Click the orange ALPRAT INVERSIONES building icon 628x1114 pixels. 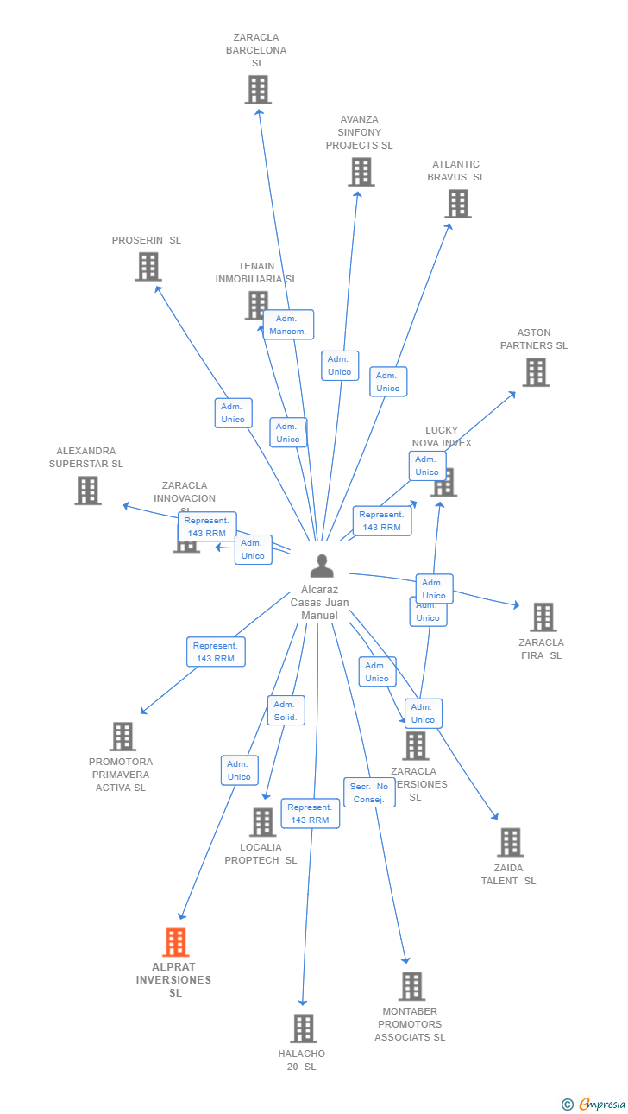[x=176, y=942]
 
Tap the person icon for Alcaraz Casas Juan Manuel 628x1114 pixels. [x=322, y=566]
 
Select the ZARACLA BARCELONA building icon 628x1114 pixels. [x=258, y=90]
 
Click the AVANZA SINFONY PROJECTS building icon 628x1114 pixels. [x=361, y=172]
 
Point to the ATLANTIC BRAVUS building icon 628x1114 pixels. [x=458, y=204]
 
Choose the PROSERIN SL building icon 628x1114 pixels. [x=148, y=267]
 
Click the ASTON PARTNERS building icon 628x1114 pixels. [x=536, y=372]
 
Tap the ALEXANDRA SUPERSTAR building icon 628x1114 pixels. [x=88, y=491]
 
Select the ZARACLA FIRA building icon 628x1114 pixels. [x=543, y=617]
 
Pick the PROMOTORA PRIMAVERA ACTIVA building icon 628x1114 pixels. [x=123, y=737]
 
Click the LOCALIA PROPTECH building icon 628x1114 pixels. [x=263, y=822]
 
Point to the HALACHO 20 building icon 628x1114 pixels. [x=304, y=1029]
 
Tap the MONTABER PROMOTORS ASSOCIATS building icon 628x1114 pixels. [x=412, y=986]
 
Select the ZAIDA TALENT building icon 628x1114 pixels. [x=511, y=843]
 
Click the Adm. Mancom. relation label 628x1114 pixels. [x=288, y=325]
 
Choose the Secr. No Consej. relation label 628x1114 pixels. [x=369, y=793]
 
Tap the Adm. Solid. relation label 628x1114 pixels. [x=286, y=711]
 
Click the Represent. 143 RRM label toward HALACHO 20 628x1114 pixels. [x=310, y=813]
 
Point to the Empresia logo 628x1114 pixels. [x=594, y=1104]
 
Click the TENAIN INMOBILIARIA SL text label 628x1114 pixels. [x=256, y=273]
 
